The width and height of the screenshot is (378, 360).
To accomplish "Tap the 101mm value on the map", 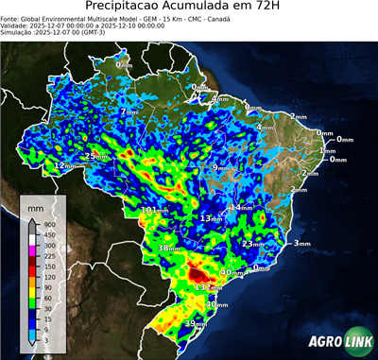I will [x=155, y=210].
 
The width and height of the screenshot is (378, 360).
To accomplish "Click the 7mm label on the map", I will [x=127, y=112].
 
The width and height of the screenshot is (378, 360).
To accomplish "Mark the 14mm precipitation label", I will [x=243, y=207].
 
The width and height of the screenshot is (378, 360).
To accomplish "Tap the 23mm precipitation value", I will [x=253, y=244].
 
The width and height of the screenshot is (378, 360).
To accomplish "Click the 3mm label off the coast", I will [x=301, y=244].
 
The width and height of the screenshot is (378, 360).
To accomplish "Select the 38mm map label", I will [x=168, y=249].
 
